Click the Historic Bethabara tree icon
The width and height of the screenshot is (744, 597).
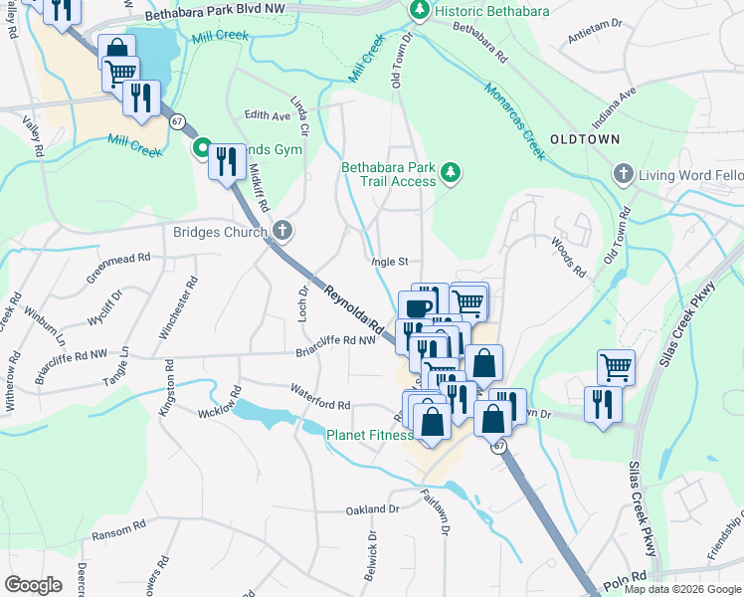point(420,11)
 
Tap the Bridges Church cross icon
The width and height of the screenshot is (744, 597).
point(283,233)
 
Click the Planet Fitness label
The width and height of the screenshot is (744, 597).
point(370,435)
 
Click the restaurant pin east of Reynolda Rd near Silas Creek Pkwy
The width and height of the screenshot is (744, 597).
point(603,404)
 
